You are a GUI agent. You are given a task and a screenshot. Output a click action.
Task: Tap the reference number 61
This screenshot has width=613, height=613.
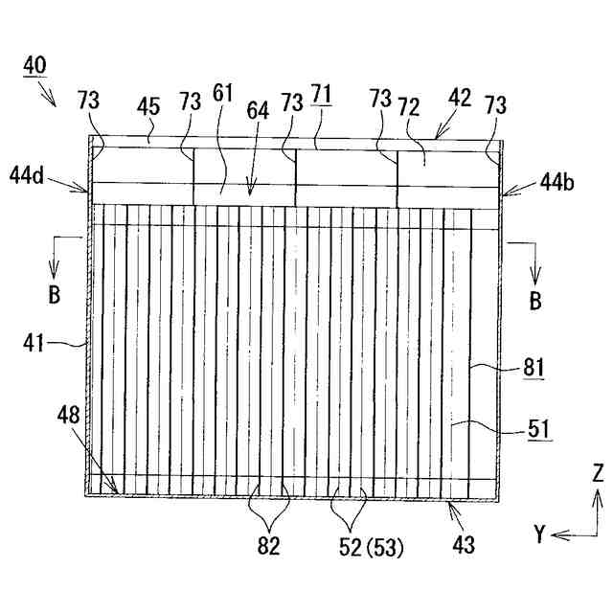tap(222, 92)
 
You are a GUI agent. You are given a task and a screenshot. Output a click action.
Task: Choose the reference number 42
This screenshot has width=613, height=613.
tap(460, 96)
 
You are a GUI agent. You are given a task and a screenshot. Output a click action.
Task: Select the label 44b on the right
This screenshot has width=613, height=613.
tap(558, 179)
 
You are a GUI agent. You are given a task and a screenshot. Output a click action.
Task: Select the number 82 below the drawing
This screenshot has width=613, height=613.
tap(269, 548)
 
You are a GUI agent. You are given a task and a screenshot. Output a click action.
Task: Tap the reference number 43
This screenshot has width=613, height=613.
tap(463, 545)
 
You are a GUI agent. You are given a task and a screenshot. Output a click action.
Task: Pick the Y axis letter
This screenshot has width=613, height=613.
tap(539, 534)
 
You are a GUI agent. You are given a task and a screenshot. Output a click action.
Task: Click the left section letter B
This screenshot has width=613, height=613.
tap(55, 295)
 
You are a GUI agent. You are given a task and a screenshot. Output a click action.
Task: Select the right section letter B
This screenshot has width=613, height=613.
tap(534, 299)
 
